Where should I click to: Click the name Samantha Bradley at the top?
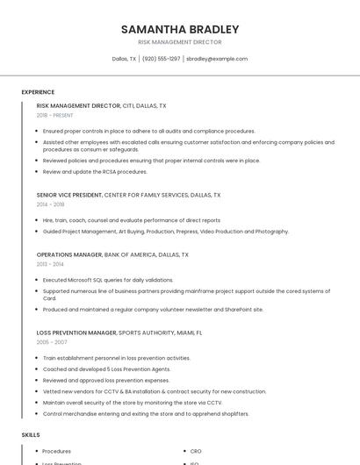pyautogui.click(x=180, y=29)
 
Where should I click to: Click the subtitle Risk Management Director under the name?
pyautogui.click(x=180, y=42)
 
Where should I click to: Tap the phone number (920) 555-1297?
pyautogui.click(x=161, y=59)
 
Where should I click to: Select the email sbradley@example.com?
pyautogui.click(x=217, y=59)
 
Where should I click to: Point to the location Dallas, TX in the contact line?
pyautogui.click(x=124, y=59)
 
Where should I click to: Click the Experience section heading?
pyautogui.click(x=38, y=92)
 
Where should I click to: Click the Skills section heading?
pyautogui.click(x=31, y=435)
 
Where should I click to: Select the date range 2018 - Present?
pyautogui.click(x=55, y=115)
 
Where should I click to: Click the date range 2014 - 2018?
pyautogui.click(x=50, y=204)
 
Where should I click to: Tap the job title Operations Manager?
pyautogui.click(x=69, y=254)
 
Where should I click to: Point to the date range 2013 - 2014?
pyautogui.click(x=50, y=264)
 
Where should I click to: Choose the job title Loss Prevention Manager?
pyautogui.click(x=76, y=333)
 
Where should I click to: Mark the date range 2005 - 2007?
pyautogui.click(x=50, y=343)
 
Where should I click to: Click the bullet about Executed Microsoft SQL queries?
pyautogui.click(x=108, y=280)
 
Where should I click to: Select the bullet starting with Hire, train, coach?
pyautogui.click(x=132, y=220)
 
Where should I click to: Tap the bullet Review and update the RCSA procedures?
pyautogui.click(x=95, y=172)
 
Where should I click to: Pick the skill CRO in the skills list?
pyautogui.click(x=196, y=451)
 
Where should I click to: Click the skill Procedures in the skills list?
pyautogui.click(x=57, y=451)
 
